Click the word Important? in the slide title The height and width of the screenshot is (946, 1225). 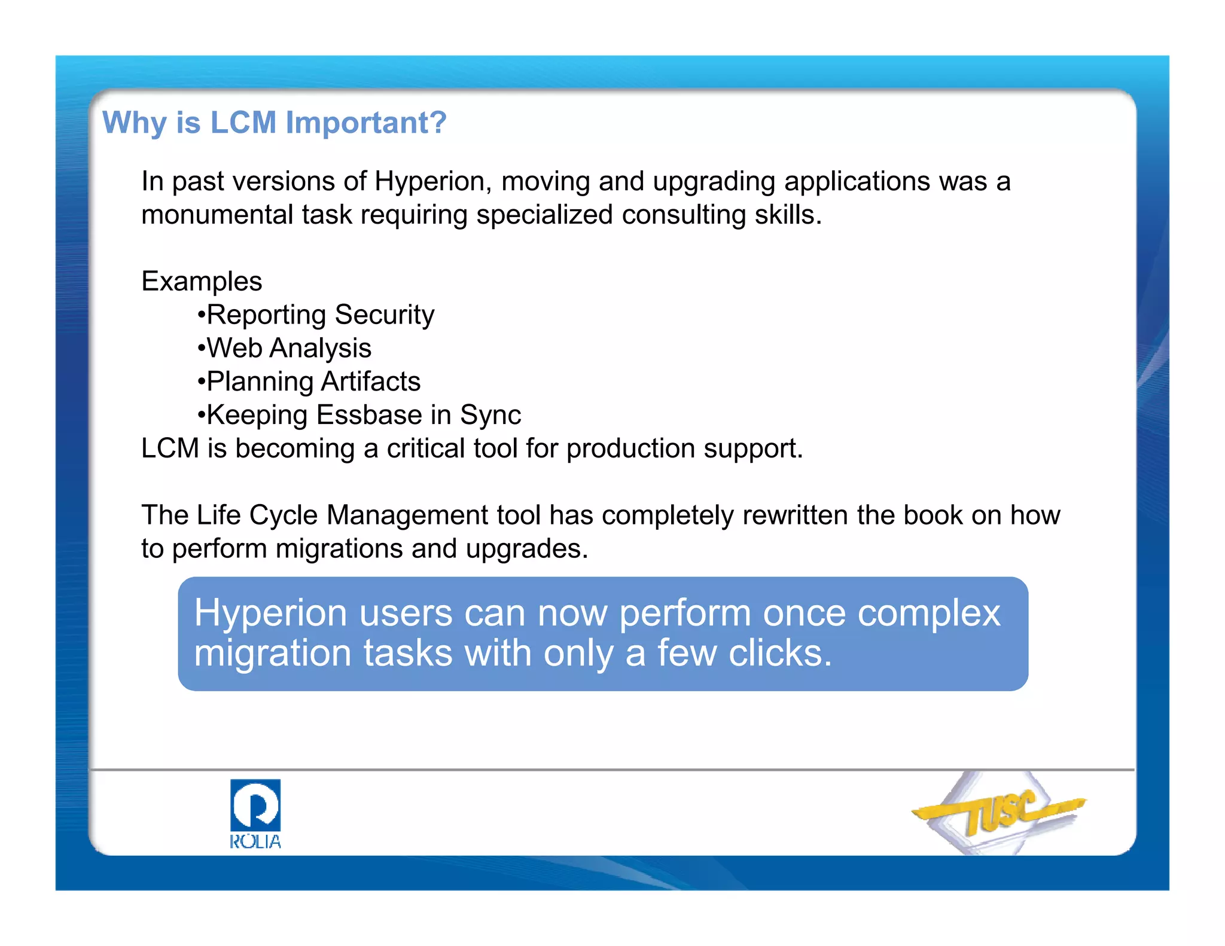[x=366, y=123]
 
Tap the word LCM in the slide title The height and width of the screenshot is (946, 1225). [x=243, y=123]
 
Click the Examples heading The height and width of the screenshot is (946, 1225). [x=202, y=281]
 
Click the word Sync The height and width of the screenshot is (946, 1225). [x=490, y=415]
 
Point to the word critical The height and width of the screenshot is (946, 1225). [x=425, y=448]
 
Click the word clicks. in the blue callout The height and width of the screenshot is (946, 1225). [x=780, y=653]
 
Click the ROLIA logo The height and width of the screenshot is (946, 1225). [x=255, y=813]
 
